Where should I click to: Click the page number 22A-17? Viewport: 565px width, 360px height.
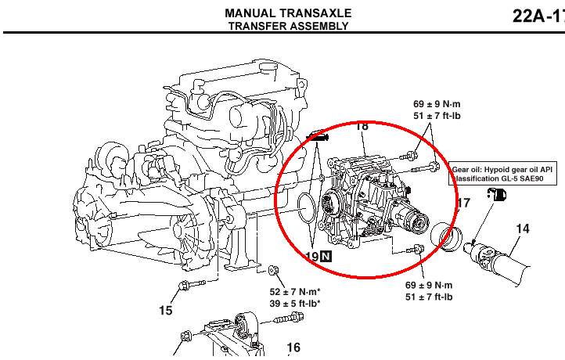click(x=538, y=16)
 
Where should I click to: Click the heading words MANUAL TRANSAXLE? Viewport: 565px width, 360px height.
click(x=288, y=13)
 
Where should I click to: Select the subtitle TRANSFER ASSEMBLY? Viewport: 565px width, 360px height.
click(x=288, y=26)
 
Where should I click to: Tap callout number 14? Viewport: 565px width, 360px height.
click(x=523, y=229)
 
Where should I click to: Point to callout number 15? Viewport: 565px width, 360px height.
click(x=165, y=311)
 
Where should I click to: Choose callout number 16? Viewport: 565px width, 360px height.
click(x=293, y=348)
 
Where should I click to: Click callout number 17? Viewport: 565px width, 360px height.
click(x=463, y=203)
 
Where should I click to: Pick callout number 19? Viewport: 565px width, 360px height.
click(x=311, y=255)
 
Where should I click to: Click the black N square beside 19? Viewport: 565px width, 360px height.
click(x=326, y=256)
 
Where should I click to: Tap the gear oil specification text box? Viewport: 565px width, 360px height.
click(x=504, y=174)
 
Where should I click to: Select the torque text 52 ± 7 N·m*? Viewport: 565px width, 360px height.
click(x=295, y=292)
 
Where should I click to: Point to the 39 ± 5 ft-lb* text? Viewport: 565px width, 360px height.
click(x=295, y=304)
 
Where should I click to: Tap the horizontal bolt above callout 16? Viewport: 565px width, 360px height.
click(x=287, y=319)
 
